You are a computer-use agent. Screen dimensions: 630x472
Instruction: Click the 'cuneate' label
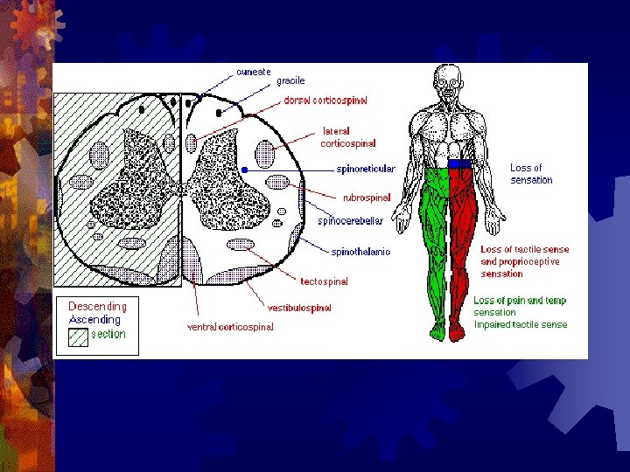254,72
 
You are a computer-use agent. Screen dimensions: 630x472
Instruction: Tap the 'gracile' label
290,81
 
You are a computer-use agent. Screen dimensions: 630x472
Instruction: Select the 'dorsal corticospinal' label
325,101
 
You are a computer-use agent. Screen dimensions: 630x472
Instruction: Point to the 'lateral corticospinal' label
348,137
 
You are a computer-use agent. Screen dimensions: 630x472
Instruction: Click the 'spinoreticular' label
366,169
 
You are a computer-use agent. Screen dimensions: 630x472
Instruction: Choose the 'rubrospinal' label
367,198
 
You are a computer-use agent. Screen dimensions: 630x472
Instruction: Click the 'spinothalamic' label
360,252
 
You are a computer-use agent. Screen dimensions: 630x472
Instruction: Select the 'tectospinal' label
324,281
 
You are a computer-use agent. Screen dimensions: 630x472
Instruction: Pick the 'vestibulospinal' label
299,308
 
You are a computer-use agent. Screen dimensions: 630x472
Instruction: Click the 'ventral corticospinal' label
230,327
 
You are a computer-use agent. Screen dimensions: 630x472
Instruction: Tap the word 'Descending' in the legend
97,307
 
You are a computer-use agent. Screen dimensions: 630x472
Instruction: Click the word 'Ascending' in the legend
94,320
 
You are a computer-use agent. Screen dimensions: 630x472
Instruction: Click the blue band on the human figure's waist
459,163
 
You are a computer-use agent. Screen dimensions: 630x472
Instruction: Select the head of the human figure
448,77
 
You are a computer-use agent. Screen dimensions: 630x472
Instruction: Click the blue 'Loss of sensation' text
531,174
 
